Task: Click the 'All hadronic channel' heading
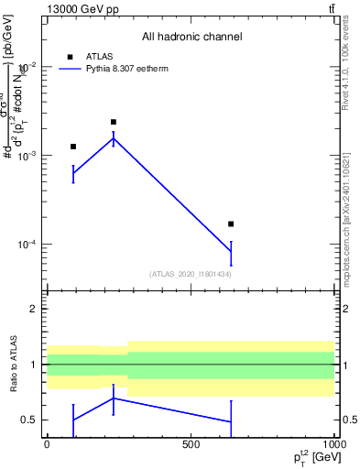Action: [x=191, y=37]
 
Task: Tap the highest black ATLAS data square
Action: [x=114, y=122]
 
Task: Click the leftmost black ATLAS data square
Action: [x=73, y=147]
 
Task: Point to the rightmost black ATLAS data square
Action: [x=231, y=224]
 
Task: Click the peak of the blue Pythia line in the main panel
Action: [x=114, y=138]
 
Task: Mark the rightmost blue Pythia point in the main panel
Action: [x=231, y=252]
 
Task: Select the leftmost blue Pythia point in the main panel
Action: [x=73, y=172]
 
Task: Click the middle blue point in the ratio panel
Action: [x=114, y=398]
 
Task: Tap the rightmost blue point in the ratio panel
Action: [x=231, y=422]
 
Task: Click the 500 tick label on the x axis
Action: [x=191, y=443]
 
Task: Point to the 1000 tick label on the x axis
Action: [x=334, y=443]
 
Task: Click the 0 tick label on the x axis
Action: [x=47, y=443]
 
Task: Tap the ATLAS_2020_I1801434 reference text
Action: [x=191, y=274]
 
